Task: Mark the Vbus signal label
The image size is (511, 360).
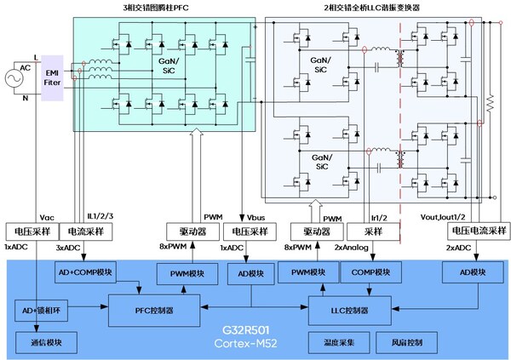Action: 255,217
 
